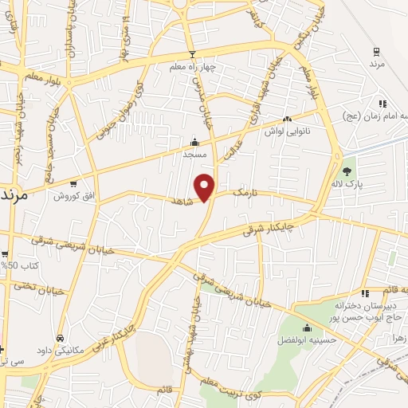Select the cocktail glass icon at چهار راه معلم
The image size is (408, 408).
[190, 54]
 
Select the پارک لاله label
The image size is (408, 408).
[347, 184]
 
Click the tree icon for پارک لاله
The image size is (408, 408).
[347, 171]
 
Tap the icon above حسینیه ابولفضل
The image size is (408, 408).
[307, 328]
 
